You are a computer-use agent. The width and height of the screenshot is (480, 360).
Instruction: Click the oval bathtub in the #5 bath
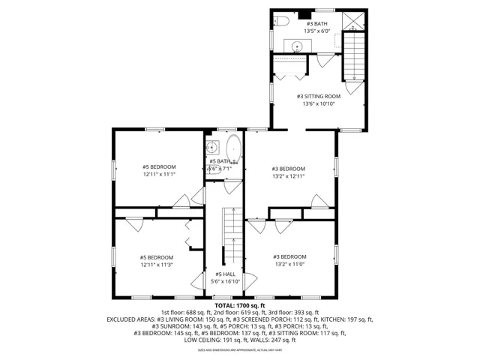233,151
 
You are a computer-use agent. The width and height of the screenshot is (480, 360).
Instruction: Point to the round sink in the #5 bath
212,147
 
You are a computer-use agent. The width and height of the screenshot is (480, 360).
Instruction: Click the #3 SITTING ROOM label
318,97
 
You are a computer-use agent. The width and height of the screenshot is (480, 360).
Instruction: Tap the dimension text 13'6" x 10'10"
318,104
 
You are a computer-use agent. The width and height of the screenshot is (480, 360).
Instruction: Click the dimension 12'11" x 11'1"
158,174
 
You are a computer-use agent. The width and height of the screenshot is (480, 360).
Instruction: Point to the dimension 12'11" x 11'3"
156,265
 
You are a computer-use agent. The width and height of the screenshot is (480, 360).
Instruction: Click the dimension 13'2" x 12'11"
289,176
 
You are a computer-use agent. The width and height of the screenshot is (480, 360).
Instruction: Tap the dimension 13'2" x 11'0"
289,264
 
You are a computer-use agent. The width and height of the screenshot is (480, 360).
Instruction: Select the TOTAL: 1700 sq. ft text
239,305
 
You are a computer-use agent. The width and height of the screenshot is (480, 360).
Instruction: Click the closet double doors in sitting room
289,75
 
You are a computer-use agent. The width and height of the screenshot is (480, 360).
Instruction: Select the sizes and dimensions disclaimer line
239,349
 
